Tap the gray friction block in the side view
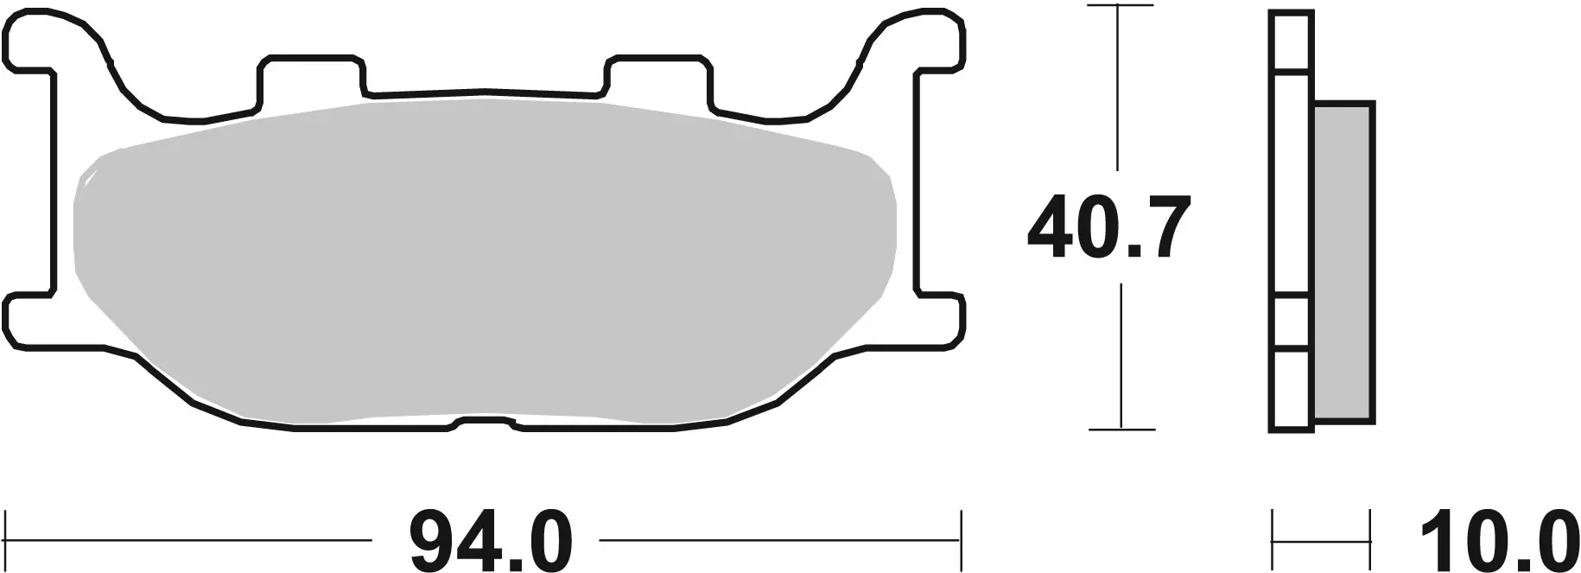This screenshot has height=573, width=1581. tap(1343, 264)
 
